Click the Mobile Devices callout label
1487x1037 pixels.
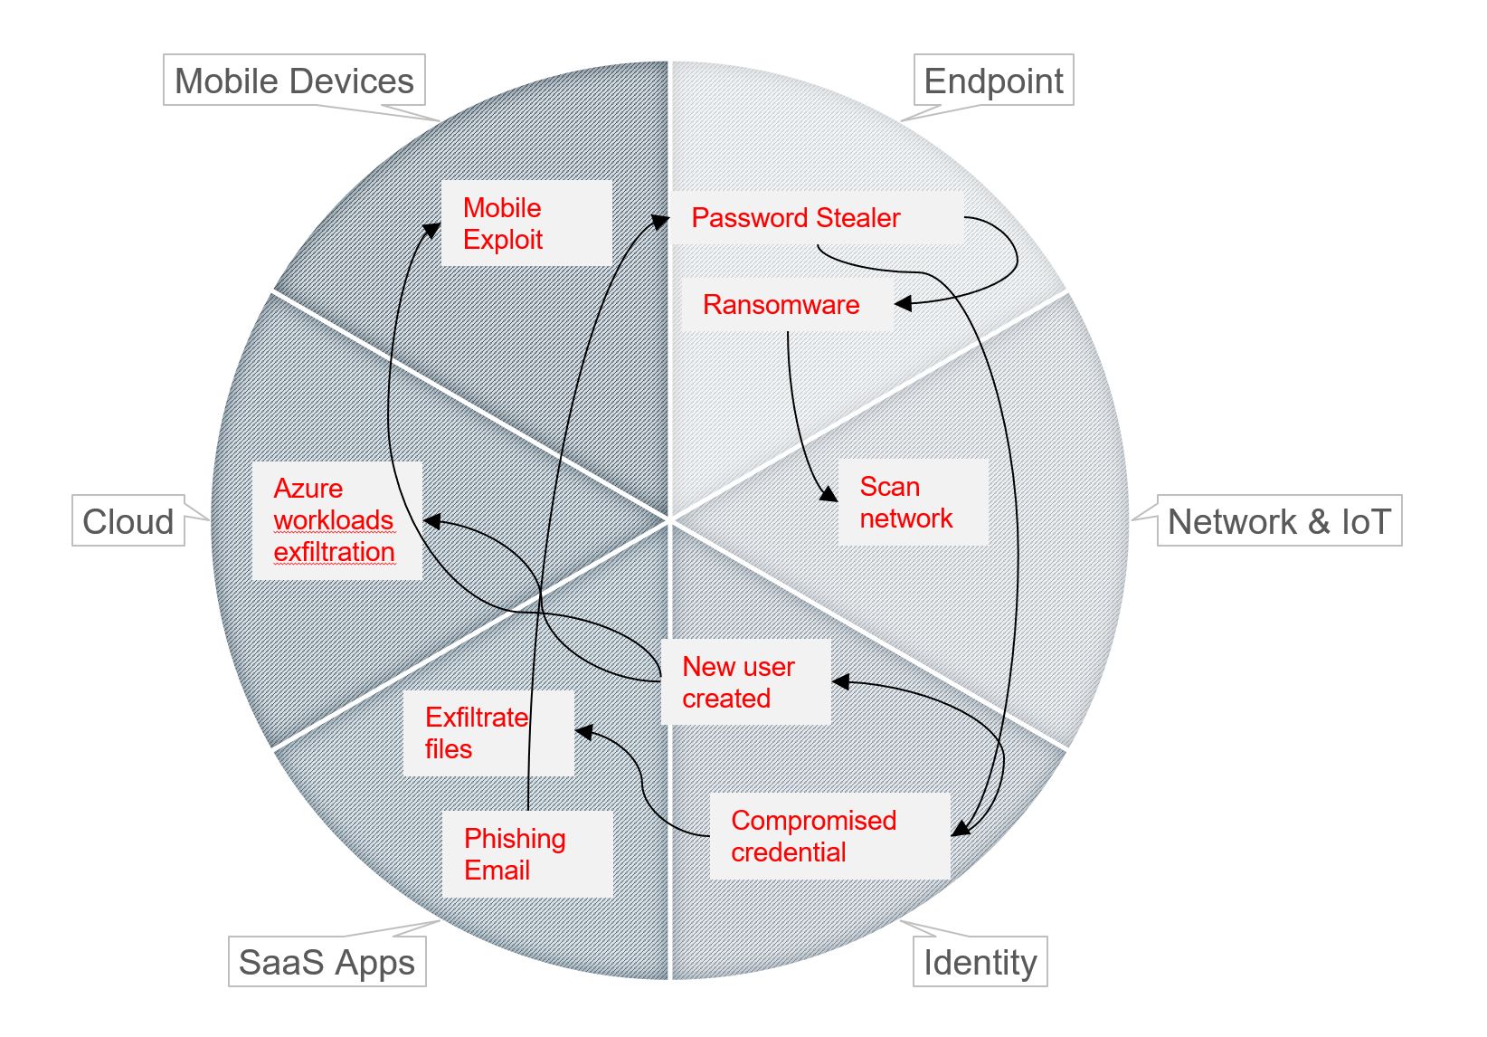click(x=294, y=81)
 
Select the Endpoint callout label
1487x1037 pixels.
click(x=993, y=81)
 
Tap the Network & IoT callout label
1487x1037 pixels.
click(x=1278, y=521)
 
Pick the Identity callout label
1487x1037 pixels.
click(x=980, y=962)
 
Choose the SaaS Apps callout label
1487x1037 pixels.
click(x=327, y=962)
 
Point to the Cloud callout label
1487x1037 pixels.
click(x=128, y=521)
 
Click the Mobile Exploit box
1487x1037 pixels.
click(x=526, y=224)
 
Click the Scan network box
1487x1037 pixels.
click(x=912, y=502)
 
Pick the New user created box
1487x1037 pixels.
click(x=745, y=682)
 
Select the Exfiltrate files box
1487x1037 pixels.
click(x=488, y=733)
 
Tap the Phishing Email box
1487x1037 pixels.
click(x=526, y=854)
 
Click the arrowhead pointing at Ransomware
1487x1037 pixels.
click(x=903, y=303)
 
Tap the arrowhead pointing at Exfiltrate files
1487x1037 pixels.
click(x=584, y=731)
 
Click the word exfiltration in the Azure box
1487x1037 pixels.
click(x=334, y=552)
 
